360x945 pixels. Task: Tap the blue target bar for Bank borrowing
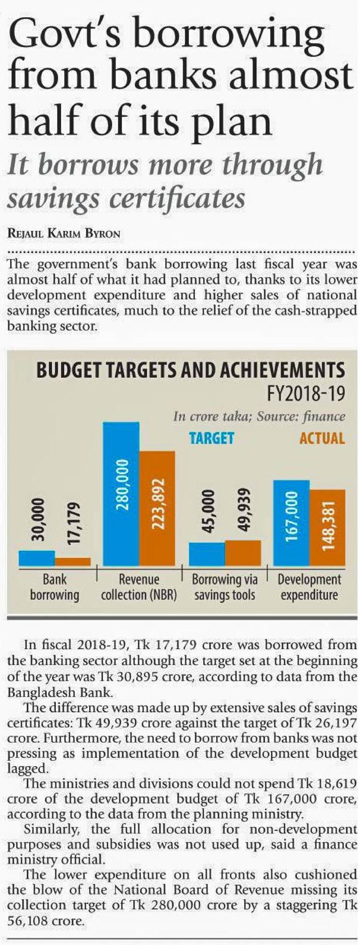37,558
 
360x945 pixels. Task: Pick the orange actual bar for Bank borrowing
72,562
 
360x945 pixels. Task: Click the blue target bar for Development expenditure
291,523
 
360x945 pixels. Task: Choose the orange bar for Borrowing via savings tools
242,553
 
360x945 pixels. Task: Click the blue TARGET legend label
211,438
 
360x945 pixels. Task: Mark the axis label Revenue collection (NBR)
138,587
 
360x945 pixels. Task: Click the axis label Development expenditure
309,587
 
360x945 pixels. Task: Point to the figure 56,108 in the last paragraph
24,922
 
